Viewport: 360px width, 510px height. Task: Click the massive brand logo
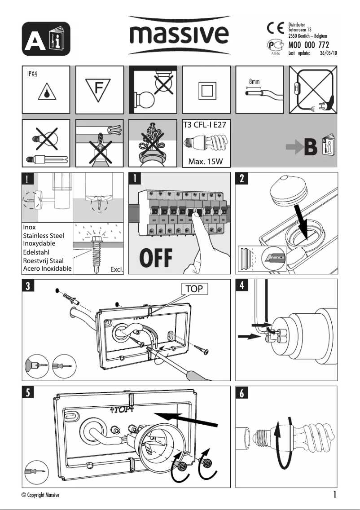(180, 34)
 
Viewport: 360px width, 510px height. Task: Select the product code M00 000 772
(309, 45)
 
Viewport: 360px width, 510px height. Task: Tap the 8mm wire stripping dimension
(255, 82)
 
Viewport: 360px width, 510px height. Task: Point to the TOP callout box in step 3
(195, 289)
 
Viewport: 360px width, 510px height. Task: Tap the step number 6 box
(241, 393)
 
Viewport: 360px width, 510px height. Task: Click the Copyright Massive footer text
(40, 494)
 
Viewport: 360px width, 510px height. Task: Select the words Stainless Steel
(43, 236)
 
